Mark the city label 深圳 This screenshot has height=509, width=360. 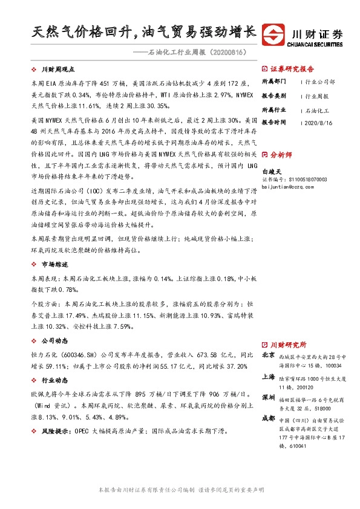[x=269, y=397]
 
